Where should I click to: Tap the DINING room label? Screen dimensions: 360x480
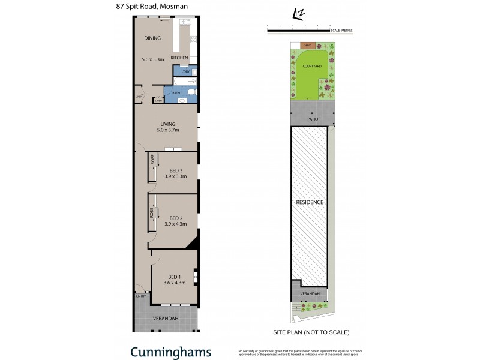(x=152, y=38)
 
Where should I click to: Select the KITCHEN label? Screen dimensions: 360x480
(x=179, y=58)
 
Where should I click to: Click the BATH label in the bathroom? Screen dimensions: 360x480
(x=176, y=93)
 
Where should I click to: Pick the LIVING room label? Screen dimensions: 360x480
(x=168, y=124)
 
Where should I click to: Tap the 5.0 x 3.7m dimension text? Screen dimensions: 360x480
(x=168, y=131)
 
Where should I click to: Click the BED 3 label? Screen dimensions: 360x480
(x=176, y=170)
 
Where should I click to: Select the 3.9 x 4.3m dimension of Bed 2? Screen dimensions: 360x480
(x=176, y=224)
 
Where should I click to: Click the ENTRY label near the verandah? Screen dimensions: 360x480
(x=141, y=296)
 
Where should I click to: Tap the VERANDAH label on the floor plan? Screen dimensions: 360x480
(x=166, y=318)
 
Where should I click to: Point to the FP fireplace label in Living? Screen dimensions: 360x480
(x=173, y=149)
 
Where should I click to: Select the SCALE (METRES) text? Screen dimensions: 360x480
(x=342, y=30)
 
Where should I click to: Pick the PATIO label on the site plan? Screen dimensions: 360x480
(x=312, y=119)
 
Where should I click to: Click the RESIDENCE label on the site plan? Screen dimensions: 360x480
(x=310, y=202)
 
